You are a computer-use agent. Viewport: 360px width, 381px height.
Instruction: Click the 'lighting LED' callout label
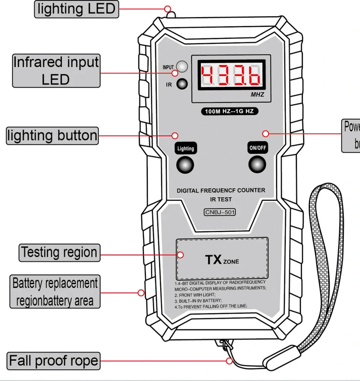(x=77, y=9)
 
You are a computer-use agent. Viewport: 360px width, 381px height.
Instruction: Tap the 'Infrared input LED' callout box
(x=56, y=70)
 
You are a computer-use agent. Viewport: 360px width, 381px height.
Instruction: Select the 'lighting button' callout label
(x=53, y=135)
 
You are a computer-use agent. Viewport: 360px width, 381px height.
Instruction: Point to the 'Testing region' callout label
(x=59, y=253)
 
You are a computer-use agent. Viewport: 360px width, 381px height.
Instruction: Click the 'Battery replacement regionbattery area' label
(x=54, y=292)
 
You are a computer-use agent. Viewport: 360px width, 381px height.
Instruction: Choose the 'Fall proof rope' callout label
(x=54, y=360)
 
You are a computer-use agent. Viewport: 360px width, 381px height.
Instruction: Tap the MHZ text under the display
(x=258, y=95)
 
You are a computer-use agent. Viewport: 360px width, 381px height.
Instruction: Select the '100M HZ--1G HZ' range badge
(x=229, y=111)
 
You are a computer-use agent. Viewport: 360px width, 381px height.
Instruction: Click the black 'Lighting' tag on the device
(x=186, y=148)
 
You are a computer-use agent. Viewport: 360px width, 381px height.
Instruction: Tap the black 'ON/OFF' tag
(x=258, y=148)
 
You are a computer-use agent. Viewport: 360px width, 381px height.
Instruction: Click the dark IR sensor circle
(x=183, y=84)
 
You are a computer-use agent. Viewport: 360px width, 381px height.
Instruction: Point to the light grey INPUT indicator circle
(x=183, y=66)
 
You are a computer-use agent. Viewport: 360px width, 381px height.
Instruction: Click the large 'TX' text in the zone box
(x=214, y=260)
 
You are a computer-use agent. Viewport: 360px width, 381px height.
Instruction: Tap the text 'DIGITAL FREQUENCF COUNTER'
(x=221, y=190)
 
